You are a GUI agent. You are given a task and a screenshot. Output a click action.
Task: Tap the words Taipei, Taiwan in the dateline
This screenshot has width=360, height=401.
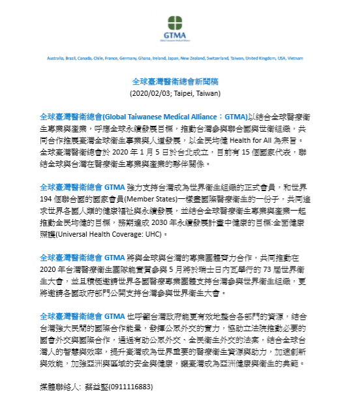click(196, 94)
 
